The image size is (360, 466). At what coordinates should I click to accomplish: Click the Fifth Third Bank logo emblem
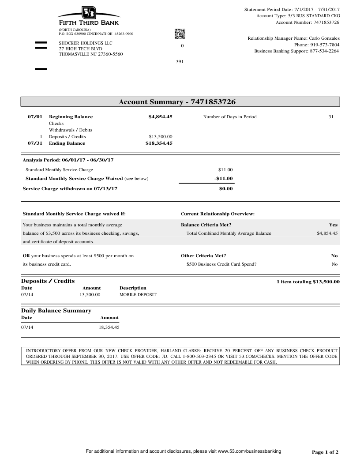click(88, 13)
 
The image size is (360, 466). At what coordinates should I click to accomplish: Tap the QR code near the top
click(180, 34)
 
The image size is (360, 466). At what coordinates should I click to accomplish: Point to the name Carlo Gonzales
click(324, 38)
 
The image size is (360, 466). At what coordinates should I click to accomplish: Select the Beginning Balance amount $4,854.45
click(160, 117)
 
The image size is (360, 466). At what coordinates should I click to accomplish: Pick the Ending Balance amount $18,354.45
click(159, 143)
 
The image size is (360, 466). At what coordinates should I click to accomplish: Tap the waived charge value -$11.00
click(223, 178)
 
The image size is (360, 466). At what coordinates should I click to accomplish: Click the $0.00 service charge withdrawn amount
click(226, 189)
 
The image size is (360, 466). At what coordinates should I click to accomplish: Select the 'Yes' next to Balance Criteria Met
click(333, 225)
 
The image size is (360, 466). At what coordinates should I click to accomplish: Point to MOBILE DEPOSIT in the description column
click(138, 294)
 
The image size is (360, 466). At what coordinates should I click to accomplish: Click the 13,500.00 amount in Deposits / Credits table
click(90, 294)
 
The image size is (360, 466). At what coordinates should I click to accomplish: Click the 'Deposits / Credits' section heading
click(48, 281)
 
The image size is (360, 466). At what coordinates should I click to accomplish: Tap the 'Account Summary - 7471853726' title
click(177, 102)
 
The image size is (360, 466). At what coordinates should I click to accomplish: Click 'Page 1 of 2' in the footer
click(325, 452)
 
